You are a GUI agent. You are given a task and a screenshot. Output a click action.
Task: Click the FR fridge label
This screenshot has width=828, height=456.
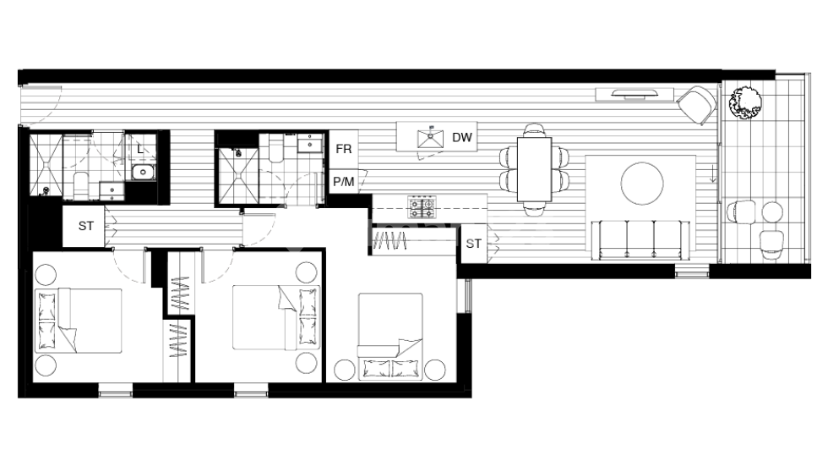click(x=343, y=150)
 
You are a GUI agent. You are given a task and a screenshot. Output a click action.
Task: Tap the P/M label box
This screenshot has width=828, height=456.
click(x=343, y=181)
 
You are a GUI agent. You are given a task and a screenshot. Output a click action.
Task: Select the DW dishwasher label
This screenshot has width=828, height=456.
click(x=461, y=138)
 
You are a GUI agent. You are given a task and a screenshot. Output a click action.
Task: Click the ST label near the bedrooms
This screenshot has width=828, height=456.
click(x=86, y=226)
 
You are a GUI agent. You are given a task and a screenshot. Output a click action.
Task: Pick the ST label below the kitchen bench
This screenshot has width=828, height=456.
click(x=474, y=244)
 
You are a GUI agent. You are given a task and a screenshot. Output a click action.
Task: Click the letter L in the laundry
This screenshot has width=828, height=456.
click(x=140, y=150)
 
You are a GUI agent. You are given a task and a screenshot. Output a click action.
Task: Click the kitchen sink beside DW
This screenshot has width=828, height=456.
click(x=431, y=138)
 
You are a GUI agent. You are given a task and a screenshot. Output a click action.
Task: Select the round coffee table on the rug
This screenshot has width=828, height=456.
click(x=644, y=182)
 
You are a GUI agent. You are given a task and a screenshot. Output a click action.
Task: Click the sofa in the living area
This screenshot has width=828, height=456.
click(x=640, y=239)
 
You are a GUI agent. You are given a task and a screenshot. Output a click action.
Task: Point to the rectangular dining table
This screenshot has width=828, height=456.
click(x=535, y=169)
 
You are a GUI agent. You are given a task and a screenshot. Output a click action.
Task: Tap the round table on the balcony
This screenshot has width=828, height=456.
click(x=772, y=211)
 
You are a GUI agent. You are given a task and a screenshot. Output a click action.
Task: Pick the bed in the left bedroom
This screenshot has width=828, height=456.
click(x=79, y=321)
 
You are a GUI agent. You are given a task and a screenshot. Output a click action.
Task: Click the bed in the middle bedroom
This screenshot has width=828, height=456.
click(x=275, y=316)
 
